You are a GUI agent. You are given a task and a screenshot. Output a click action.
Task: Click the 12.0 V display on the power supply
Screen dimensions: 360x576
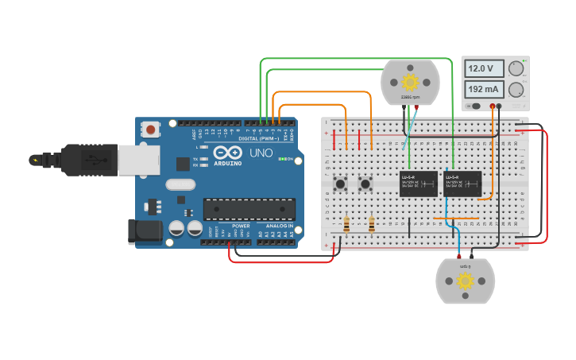pyautogui.click(x=484, y=69)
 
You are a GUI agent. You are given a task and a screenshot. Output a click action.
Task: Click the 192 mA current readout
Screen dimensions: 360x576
pyautogui.click(x=484, y=89)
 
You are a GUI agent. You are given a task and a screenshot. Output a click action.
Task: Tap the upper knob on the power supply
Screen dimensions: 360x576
pyautogui.click(x=516, y=69)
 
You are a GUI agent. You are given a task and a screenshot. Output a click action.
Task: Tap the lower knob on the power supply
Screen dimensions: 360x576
pyautogui.click(x=516, y=89)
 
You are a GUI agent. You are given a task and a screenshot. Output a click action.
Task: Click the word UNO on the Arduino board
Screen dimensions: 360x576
pyautogui.click(x=261, y=153)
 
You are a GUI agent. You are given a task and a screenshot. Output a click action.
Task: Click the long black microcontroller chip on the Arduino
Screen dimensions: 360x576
pyautogui.click(x=249, y=209)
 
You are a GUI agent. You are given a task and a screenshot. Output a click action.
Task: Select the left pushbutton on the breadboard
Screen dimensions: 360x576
pyautogui.click(x=341, y=184)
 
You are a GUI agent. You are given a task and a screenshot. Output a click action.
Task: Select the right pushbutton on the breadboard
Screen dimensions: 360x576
pyautogui.click(x=366, y=184)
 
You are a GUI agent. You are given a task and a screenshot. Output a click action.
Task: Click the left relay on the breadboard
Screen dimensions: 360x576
pyautogui.click(x=417, y=184)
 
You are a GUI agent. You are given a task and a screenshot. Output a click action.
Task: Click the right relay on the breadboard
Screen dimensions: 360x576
pyautogui.click(x=462, y=184)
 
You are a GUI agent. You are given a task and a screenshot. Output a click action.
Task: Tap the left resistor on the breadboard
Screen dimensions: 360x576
pyautogui.click(x=346, y=225)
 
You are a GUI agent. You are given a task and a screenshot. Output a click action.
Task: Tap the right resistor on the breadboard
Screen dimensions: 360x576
pyautogui.click(x=372, y=225)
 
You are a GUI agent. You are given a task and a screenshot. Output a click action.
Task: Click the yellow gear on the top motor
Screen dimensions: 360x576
pyautogui.click(x=410, y=82)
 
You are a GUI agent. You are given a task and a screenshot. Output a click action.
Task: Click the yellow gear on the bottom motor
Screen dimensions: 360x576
pyautogui.click(x=465, y=281)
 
